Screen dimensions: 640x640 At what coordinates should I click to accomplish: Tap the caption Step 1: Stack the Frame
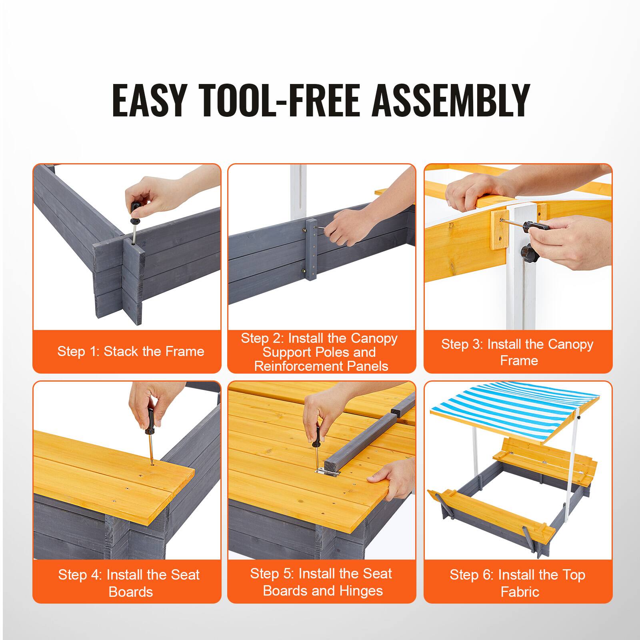coord(130,351)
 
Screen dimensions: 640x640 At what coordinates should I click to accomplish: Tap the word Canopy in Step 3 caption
coord(570,344)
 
